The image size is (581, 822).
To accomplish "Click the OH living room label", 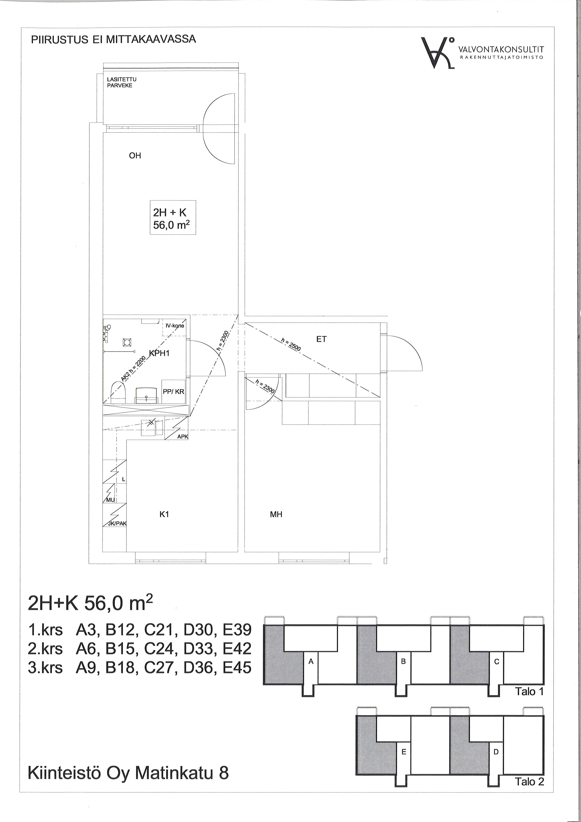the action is pyautogui.click(x=135, y=156).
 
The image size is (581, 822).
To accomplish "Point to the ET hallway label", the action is pyautogui.click(x=321, y=339).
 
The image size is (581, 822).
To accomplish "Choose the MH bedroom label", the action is pyautogui.click(x=276, y=514).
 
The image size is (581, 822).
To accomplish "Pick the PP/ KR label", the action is pyautogui.click(x=174, y=392).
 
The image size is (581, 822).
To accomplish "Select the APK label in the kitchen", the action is pyautogui.click(x=183, y=437).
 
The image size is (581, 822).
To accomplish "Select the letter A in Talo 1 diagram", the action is pyautogui.click(x=311, y=662).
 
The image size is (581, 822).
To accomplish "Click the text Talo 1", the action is pyautogui.click(x=529, y=691).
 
